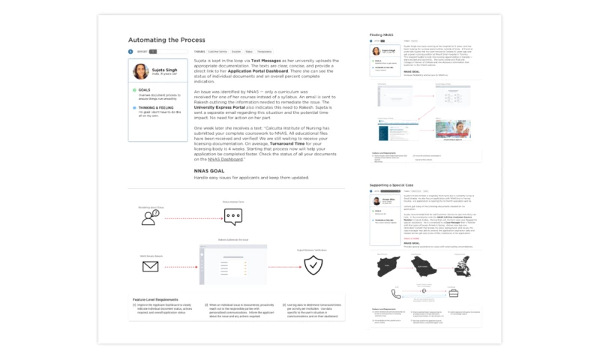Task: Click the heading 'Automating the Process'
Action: (166, 40)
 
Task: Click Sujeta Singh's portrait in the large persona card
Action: (140, 71)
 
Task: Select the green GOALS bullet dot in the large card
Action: (133, 90)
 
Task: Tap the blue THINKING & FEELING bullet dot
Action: (133, 107)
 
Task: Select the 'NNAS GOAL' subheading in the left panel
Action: (209, 171)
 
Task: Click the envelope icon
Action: (150, 265)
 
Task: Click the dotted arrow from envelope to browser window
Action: (181, 265)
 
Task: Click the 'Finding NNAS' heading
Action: (381, 35)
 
